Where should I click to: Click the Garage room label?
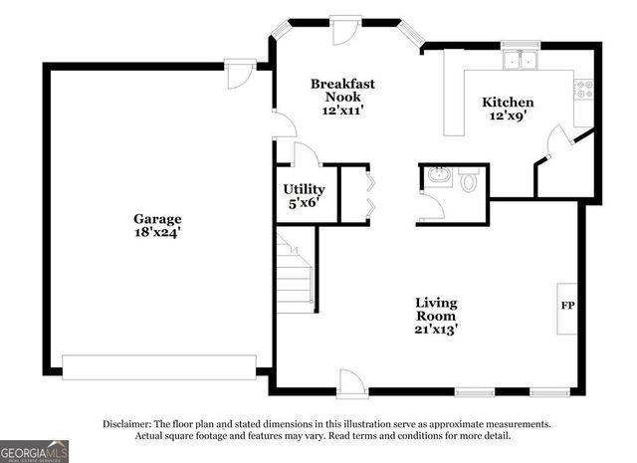coord(157,218)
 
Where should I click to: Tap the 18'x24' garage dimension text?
coord(157,232)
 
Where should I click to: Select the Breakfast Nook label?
coord(342,91)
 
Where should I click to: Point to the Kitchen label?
coord(508,102)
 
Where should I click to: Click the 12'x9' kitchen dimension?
coord(508,116)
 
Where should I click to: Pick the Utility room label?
coord(303,188)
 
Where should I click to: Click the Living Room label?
coord(436,309)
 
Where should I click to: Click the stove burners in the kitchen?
coord(586,91)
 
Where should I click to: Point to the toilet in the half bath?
coord(469,180)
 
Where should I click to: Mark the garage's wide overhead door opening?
coord(159,361)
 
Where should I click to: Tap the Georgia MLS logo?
coord(35,451)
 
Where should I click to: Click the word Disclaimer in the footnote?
coord(127,424)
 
